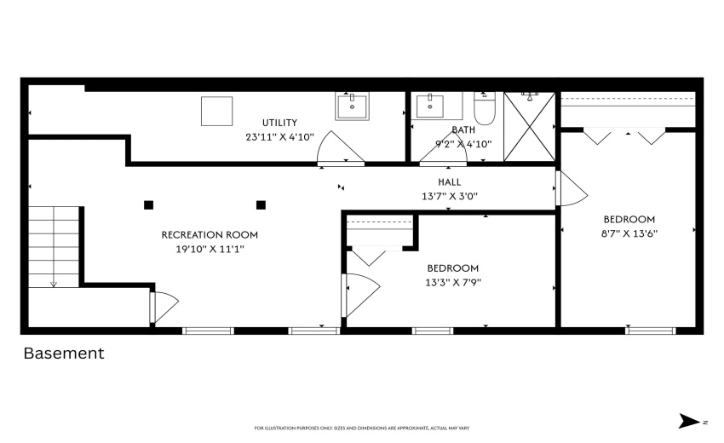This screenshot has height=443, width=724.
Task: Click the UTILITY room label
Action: click(x=279, y=123)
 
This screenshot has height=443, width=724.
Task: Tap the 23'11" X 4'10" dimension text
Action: click(x=279, y=136)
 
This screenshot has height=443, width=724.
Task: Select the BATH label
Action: click(x=463, y=130)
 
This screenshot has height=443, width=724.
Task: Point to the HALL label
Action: click(x=449, y=181)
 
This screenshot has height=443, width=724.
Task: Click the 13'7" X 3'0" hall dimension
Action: click(x=449, y=196)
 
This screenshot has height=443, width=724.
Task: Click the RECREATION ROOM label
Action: click(x=210, y=234)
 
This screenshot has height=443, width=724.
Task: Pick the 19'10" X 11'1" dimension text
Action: click(x=210, y=250)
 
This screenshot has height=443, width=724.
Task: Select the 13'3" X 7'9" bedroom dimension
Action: click(x=452, y=282)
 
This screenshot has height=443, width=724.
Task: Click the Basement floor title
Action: click(x=64, y=353)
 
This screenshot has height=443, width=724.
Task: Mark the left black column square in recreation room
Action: click(x=149, y=204)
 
